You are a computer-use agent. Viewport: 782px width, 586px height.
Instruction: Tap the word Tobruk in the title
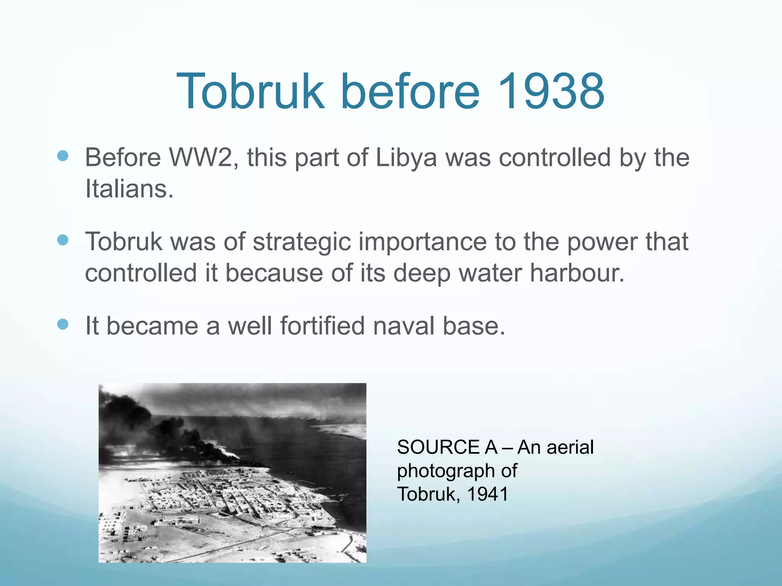pyautogui.click(x=250, y=92)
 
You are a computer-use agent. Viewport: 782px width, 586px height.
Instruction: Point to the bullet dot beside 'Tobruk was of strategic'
pyautogui.click(x=63, y=240)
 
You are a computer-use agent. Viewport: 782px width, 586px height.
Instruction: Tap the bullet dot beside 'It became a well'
pyautogui.click(x=63, y=324)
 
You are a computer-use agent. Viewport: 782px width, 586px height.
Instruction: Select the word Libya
pyautogui.click(x=406, y=157)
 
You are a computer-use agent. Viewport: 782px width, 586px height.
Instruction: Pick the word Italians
pyautogui.click(x=129, y=189)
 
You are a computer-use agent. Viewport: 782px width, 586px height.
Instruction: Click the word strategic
pyautogui.click(x=302, y=242)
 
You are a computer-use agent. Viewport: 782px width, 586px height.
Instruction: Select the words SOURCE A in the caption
pyautogui.click(x=447, y=447)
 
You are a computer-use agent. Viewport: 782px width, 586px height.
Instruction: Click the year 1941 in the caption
pyautogui.click(x=488, y=494)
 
